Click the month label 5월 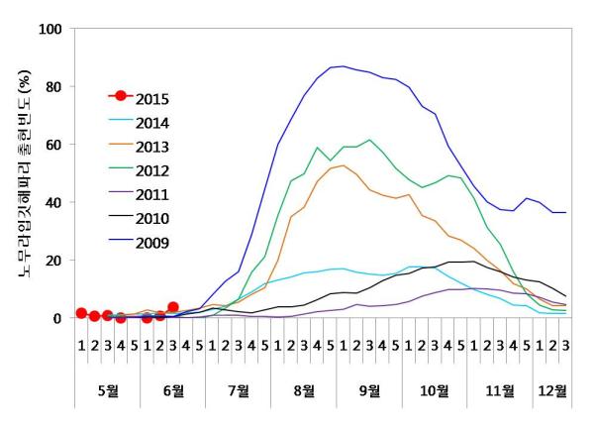[107, 390]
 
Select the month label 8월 [304, 390]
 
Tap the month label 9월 [369, 390]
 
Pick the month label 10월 [435, 390]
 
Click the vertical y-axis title [21, 172]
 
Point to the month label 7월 [239, 390]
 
